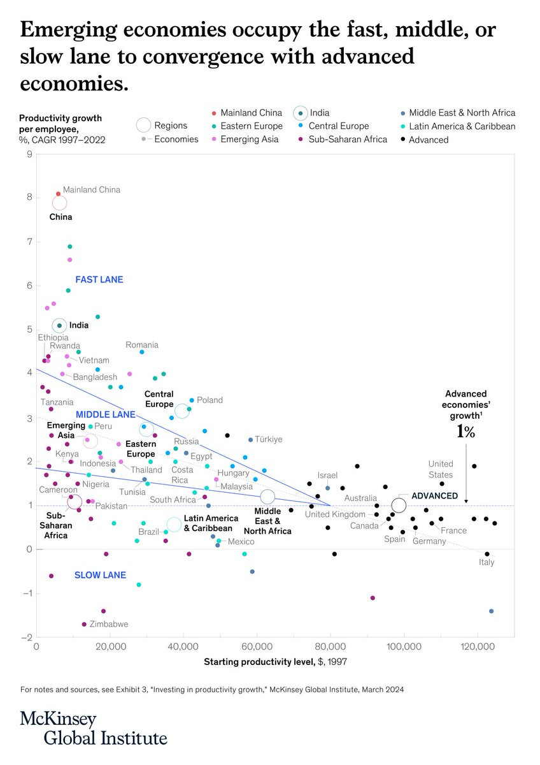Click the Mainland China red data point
(58, 193)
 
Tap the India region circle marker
(59, 326)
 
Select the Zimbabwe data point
(84, 624)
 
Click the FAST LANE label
(99, 279)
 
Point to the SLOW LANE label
(100, 575)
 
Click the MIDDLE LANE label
(105, 414)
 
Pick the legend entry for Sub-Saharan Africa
(348, 139)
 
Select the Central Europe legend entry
(339, 126)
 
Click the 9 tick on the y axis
(28, 154)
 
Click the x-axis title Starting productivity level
(275, 662)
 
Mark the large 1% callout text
(465, 432)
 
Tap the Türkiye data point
(250, 440)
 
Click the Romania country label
(141, 345)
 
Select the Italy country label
(487, 562)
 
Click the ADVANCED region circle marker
(399, 506)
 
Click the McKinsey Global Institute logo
(94, 729)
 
